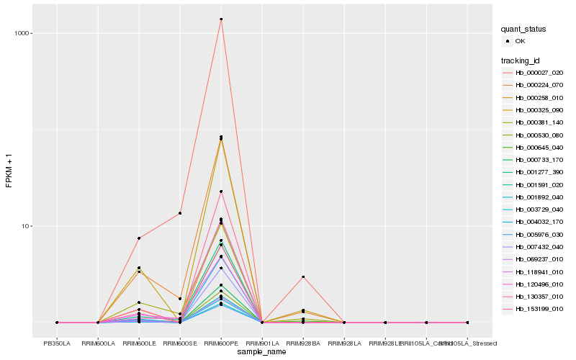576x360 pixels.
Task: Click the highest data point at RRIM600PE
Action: (x=221, y=19)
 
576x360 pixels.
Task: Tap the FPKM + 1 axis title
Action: (x=9, y=170)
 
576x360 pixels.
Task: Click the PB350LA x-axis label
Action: (x=57, y=343)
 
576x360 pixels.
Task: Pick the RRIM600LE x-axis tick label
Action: (x=139, y=343)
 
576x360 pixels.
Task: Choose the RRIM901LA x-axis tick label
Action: (x=262, y=343)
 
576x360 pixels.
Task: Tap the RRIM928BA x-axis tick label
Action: (x=303, y=343)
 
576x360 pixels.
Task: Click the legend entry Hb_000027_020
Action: (x=539, y=73)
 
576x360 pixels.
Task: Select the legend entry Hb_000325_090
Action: (x=539, y=109)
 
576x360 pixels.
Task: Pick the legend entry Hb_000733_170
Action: (x=539, y=159)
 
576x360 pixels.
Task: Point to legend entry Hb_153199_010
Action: (x=539, y=309)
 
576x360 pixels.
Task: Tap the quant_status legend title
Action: (x=523, y=29)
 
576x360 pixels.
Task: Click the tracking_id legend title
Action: (x=521, y=60)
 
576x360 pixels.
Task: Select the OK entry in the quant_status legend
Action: (x=520, y=41)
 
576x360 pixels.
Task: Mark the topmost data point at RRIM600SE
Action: (x=180, y=213)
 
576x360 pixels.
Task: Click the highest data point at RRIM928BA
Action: (x=303, y=276)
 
